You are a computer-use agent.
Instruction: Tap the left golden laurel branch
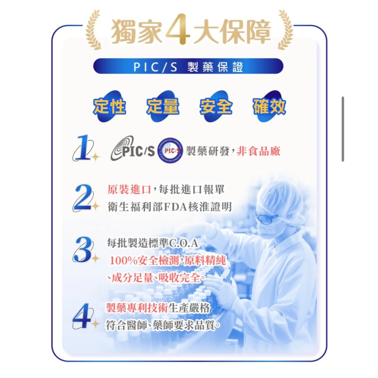point(93,30)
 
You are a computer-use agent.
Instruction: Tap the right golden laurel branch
point(285,30)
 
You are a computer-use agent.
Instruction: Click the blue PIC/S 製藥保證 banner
point(188,66)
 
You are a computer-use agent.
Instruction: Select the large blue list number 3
point(82,250)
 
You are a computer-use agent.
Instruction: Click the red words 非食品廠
point(259,151)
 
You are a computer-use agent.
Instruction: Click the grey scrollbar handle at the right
point(343,129)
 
